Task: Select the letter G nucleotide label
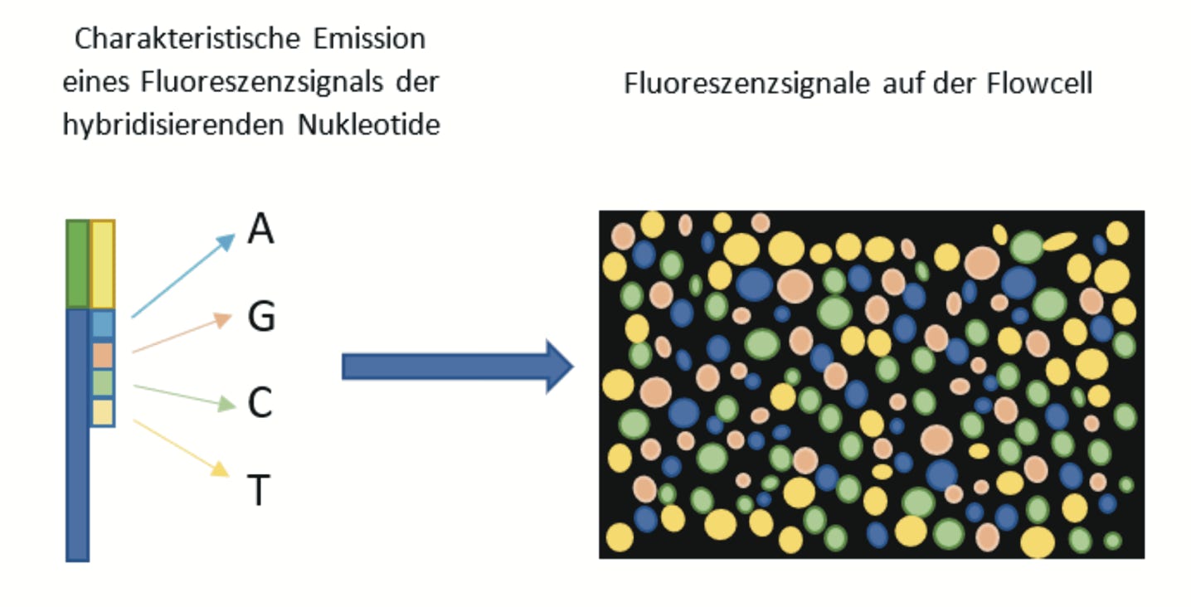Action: click(x=261, y=318)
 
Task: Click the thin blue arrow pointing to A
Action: click(x=182, y=276)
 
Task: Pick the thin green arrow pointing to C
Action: click(x=182, y=396)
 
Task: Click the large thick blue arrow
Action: click(x=457, y=366)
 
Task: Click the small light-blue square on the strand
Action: click(x=102, y=324)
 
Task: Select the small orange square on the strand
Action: click(x=102, y=355)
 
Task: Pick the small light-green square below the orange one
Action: click(x=102, y=383)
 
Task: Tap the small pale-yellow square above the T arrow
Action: click(x=102, y=412)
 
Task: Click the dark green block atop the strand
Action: click(x=77, y=264)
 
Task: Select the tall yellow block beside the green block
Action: click(x=102, y=264)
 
